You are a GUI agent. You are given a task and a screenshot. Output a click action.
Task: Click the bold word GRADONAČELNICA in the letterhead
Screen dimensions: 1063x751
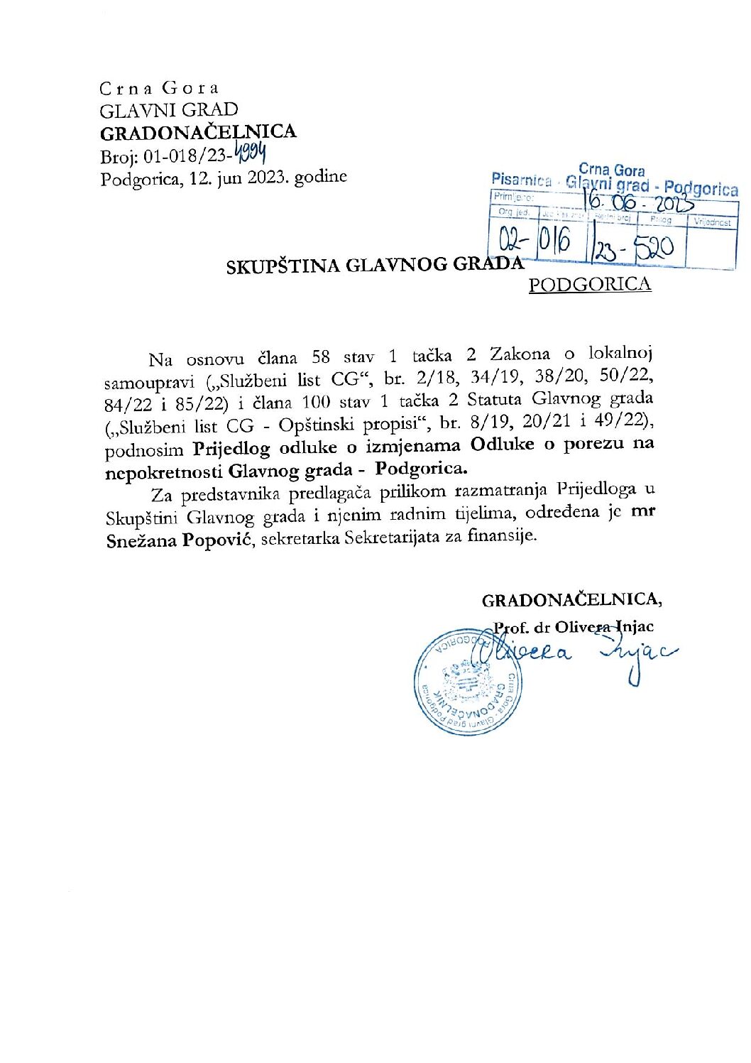(198, 132)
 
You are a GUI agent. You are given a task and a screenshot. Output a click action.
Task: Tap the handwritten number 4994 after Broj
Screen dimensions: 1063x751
(255, 152)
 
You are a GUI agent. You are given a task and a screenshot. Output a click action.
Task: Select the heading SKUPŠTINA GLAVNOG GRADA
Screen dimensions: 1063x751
(374, 266)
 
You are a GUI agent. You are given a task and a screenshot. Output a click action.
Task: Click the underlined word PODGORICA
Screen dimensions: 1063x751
(589, 285)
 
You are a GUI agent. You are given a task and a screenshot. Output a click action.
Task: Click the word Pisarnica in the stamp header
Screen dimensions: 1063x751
(521, 180)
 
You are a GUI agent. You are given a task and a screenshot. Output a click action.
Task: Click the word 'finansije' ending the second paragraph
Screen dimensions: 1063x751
(502, 536)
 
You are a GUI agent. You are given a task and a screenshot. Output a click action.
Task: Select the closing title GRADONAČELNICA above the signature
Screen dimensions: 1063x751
(571, 600)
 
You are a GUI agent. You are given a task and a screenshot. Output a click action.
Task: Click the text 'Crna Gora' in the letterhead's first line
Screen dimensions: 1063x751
(159, 88)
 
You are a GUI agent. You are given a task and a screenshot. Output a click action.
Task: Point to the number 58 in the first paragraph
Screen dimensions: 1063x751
(321, 356)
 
